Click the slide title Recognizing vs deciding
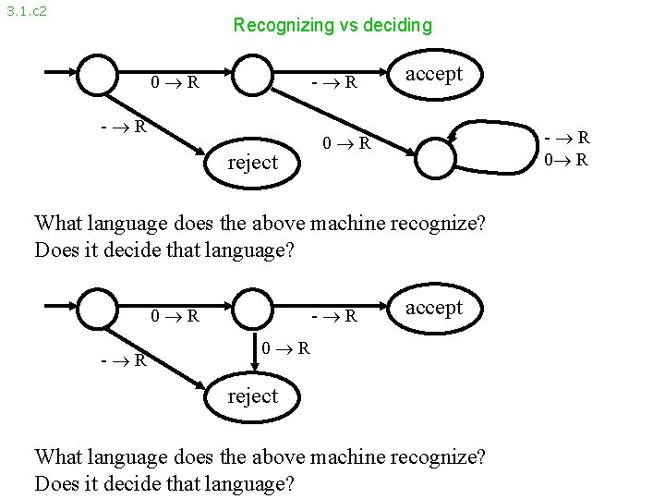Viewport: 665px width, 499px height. (x=332, y=25)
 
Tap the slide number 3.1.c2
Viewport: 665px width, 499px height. (x=26, y=12)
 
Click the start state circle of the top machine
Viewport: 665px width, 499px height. (x=97, y=75)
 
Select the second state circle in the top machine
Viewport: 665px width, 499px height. (x=252, y=75)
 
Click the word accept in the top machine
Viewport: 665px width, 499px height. (x=434, y=74)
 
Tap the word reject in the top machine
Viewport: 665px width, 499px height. (x=252, y=163)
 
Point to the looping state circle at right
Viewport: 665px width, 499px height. (x=436, y=156)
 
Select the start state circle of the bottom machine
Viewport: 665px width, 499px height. (x=97, y=308)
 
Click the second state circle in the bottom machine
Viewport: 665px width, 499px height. (x=252, y=308)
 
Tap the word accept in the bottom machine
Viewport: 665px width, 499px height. (x=434, y=308)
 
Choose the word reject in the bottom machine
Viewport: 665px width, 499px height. (x=252, y=396)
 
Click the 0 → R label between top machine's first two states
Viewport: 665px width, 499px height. (x=175, y=82)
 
